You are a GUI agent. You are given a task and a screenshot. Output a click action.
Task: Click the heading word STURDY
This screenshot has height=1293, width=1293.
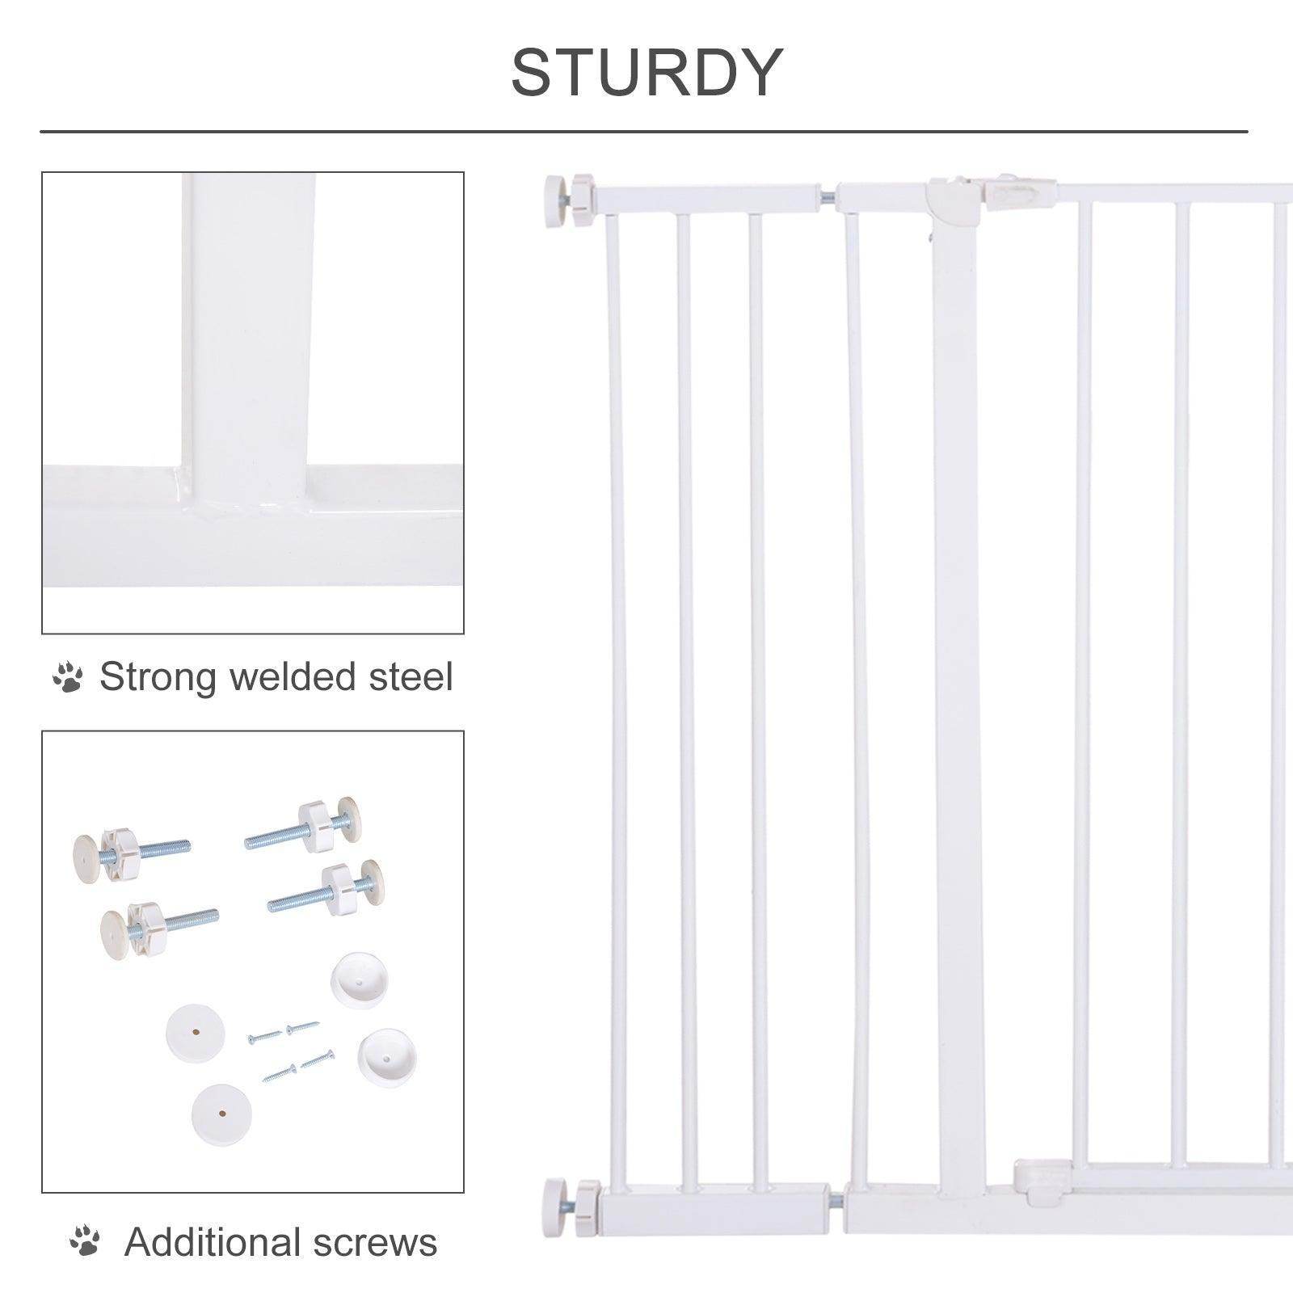pyautogui.click(x=646, y=73)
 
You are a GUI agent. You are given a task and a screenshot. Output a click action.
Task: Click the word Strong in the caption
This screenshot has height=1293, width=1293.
pyautogui.click(x=158, y=677)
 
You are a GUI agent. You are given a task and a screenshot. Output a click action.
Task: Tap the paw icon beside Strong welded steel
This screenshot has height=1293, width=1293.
pyautogui.click(x=68, y=677)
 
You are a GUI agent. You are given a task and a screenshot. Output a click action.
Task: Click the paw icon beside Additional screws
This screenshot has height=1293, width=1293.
pyautogui.click(x=85, y=1242)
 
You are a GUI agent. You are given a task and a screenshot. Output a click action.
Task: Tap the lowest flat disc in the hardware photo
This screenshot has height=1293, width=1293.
pyautogui.click(x=221, y=1114)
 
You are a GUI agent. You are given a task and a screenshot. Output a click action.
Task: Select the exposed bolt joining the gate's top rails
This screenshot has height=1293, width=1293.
pyautogui.click(x=829, y=196)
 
